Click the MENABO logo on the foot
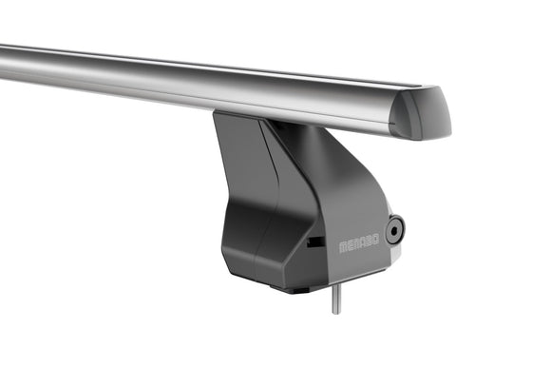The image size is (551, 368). coord(359,243)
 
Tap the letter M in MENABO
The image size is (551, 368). coord(343,247)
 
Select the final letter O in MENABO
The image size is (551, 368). coord(376,240)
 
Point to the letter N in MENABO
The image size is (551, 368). coord(356,244)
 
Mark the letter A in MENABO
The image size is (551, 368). coord(363,242)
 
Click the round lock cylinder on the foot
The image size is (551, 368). coord(394,230)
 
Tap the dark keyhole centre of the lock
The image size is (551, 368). coord(394,231)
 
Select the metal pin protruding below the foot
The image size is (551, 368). coord(336,299)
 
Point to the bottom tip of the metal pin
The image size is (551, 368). coord(336,314)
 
